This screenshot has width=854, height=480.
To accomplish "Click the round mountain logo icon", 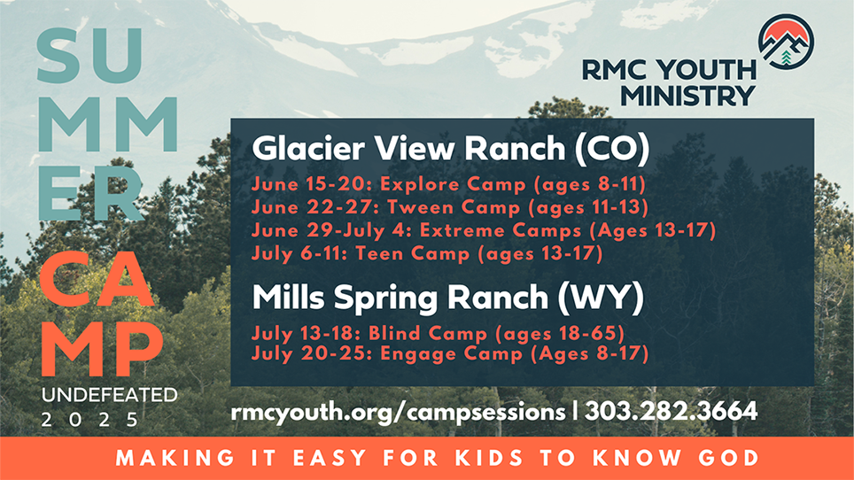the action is point(787,42).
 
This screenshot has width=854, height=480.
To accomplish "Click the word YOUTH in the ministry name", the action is point(706,70).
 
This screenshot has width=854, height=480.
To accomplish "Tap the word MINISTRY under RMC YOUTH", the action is point(687,96).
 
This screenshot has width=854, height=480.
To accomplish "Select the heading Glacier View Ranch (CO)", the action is point(451,148).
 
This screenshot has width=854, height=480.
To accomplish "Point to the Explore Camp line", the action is point(449,184).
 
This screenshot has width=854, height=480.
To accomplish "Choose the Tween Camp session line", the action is point(450,207).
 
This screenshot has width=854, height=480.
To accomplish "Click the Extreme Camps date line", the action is point(484,231).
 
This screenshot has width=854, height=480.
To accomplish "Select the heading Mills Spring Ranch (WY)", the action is point(448,298).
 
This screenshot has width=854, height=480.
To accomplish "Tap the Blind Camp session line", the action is point(439,333).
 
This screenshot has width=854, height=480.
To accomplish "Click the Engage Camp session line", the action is point(450,353).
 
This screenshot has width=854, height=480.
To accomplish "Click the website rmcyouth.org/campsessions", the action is point(398,412).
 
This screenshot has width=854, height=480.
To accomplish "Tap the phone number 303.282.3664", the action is point(671,410).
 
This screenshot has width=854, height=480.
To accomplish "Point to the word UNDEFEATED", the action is point(110,395).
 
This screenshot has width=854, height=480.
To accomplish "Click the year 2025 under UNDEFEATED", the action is point(90,420).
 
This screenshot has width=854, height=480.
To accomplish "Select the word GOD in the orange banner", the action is point(729,458).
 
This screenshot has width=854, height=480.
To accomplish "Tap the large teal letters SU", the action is point(90,56).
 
